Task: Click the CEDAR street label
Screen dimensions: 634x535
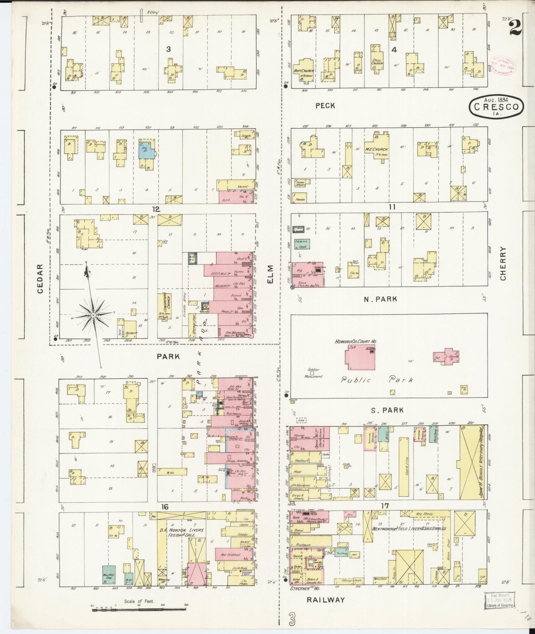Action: pos(40,279)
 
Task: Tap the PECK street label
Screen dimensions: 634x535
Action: pos(325,106)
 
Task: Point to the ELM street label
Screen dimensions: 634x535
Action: pos(270,274)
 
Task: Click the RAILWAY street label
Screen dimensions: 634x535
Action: pos(326,600)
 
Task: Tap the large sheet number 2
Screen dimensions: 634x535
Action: pos(515,27)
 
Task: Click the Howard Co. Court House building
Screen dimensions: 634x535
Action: pos(360,357)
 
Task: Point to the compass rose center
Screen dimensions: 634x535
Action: pos(94,314)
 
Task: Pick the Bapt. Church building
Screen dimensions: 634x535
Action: pos(305,68)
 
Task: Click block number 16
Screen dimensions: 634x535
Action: pos(165,507)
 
